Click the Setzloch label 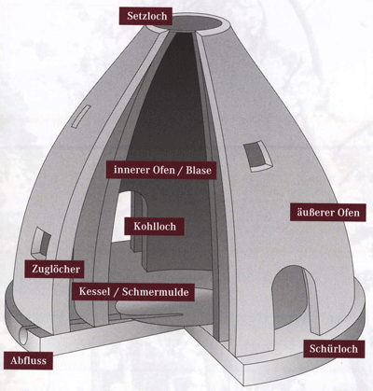click(x=145, y=16)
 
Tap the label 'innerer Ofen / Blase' click(x=161, y=170)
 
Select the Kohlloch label click(x=154, y=226)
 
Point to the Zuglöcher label click(x=55, y=269)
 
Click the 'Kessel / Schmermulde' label click(x=133, y=292)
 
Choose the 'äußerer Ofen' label click(x=328, y=213)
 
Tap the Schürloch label click(x=334, y=349)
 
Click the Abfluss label click(x=28, y=360)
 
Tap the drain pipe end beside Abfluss click(x=23, y=334)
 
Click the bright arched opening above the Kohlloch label click(x=122, y=216)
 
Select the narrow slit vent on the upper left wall click(x=81, y=117)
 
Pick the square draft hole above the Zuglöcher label click(x=41, y=241)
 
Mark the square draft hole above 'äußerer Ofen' click(x=258, y=156)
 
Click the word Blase click(x=199, y=170)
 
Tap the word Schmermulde click(x=156, y=292)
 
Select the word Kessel click(x=94, y=292)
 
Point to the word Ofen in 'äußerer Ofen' click(x=348, y=213)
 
